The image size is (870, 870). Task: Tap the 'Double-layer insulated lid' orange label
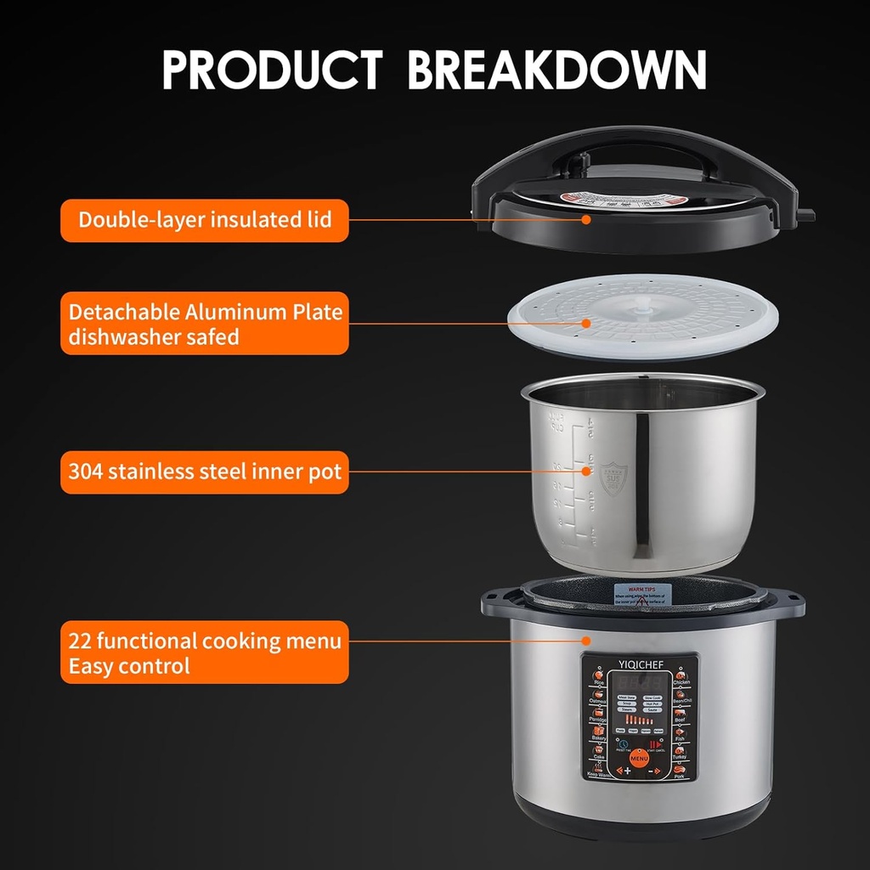[204, 220]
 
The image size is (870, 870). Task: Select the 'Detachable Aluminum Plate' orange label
[204, 324]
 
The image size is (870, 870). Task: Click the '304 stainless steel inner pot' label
[204, 472]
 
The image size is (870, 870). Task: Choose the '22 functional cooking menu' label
[204, 652]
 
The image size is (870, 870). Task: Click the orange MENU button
[640, 758]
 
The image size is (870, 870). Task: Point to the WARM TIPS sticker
[642, 592]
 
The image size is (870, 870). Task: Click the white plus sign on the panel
[627, 771]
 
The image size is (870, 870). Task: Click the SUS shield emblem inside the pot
[613, 478]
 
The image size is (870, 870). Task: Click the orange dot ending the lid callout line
[586, 219]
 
